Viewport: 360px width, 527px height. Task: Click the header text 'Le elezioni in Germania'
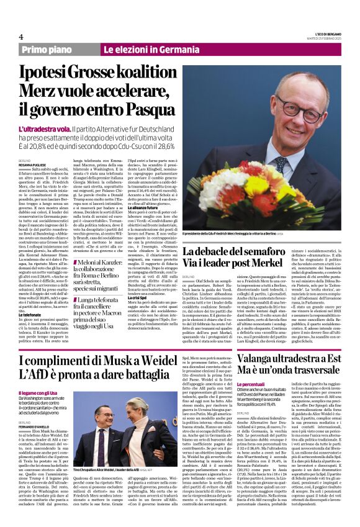[143, 49]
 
